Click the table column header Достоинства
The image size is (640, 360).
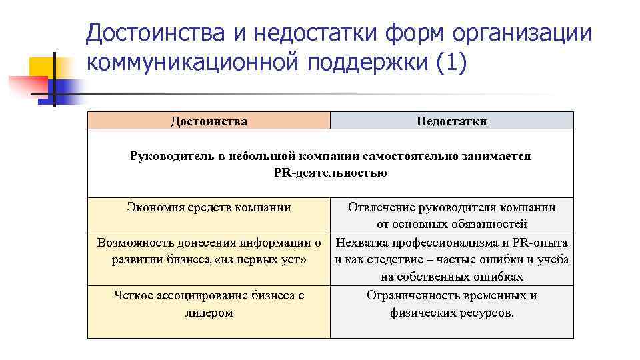tap(209, 121)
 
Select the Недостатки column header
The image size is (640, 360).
tap(451, 121)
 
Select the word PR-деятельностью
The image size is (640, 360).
tap(330, 173)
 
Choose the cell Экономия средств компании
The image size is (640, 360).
tap(209, 207)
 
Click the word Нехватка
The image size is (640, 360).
tap(364, 241)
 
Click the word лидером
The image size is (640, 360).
tap(209, 312)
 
